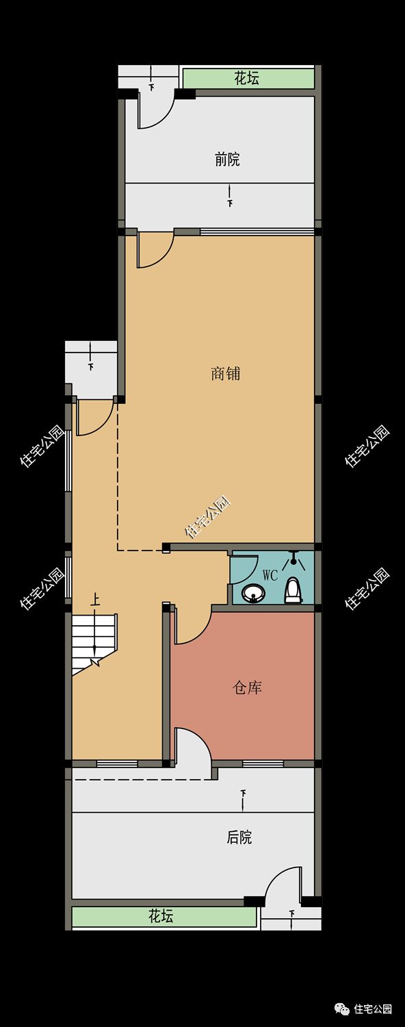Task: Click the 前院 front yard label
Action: (x=227, y=160)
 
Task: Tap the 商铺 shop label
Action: (x=225, y=373)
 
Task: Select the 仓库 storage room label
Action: (x=248, y=687)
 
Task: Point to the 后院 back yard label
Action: (x=239, y=837)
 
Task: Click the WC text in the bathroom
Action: (x=270, y=575)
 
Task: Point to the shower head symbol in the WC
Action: (x=293, y=560)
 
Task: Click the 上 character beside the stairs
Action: (x=95, y=600)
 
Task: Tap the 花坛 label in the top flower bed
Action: (x=247, y=78)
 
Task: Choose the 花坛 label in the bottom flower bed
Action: (x=161, y=916)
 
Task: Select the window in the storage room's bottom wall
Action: (x=263, y=763)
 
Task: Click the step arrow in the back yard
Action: (x=243, y=800)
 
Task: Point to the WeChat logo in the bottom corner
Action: (x=342, y=1009)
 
